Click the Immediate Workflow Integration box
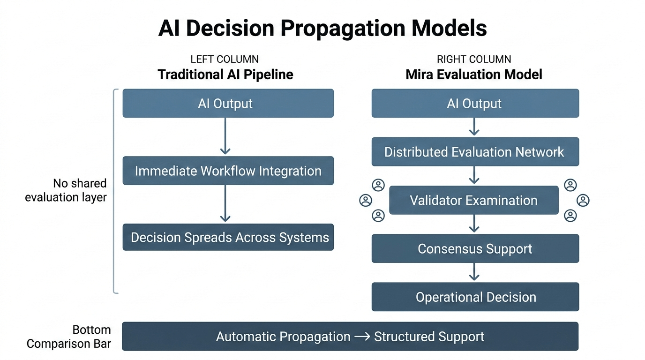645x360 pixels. click(228, 171)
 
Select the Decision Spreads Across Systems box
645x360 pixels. click(228, 237)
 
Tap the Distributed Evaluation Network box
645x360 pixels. click(475, 152)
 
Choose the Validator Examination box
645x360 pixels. click(474, 200)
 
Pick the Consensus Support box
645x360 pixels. click(475, 248)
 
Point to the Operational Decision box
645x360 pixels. click(475, 297)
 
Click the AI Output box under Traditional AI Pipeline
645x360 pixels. click(228, 103)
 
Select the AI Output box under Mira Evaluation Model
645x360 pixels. click(475, 103)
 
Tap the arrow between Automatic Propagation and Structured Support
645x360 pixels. click(362, 337)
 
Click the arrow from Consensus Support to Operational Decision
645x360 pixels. click(474, 272)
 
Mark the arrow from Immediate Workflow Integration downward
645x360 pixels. click(225, 203)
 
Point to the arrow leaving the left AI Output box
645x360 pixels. click(225, 136)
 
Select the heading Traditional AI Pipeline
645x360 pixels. click(225, 75)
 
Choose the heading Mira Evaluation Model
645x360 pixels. click(474, 75)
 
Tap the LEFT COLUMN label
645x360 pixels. click(225, 60)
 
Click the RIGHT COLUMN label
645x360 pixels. click(474, 60)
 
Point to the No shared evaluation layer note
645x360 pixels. click(66, 190)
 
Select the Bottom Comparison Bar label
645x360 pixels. click(69, 337)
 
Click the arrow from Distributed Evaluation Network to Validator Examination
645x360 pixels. click(474, 175)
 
